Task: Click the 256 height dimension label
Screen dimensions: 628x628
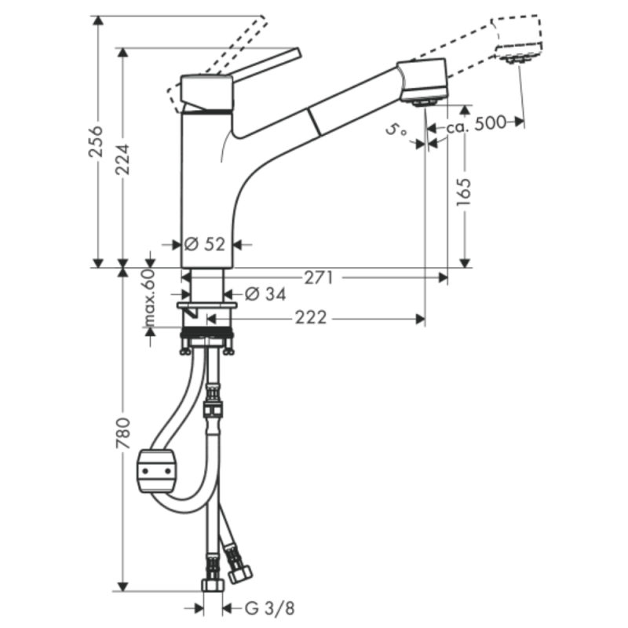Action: coord(95,141)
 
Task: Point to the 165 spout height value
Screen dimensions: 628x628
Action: coord(463,193)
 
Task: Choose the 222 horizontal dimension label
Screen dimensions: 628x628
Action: coord(311,318)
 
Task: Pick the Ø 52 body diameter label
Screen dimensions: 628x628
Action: coord(206,244)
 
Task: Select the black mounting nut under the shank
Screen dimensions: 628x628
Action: coord(207,335)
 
